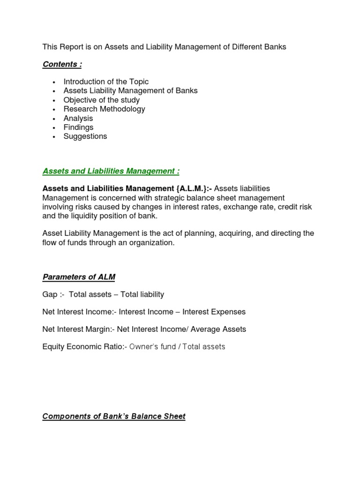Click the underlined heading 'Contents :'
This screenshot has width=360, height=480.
[62, 64]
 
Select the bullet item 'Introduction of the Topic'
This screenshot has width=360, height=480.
[106, 82]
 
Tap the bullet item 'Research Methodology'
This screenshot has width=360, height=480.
[104, 109]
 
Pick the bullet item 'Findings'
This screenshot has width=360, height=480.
[78, 127]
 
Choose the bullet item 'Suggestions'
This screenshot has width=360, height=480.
[85, 136]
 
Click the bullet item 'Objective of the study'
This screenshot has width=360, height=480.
[101, 100]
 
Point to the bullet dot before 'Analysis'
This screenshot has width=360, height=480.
[54, 119]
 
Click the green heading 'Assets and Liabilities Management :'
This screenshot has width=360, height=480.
[111, 171]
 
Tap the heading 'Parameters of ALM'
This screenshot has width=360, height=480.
[79, 277]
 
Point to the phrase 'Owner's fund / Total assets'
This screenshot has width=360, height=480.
[177, 347]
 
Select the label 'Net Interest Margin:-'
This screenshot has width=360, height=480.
[78, 329]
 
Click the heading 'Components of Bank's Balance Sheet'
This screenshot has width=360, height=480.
[114, 416]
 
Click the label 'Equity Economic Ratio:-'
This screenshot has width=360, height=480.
[84, 347]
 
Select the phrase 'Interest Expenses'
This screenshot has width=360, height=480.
[214, 312]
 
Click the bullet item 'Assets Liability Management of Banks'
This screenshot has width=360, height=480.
[130, 90]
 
